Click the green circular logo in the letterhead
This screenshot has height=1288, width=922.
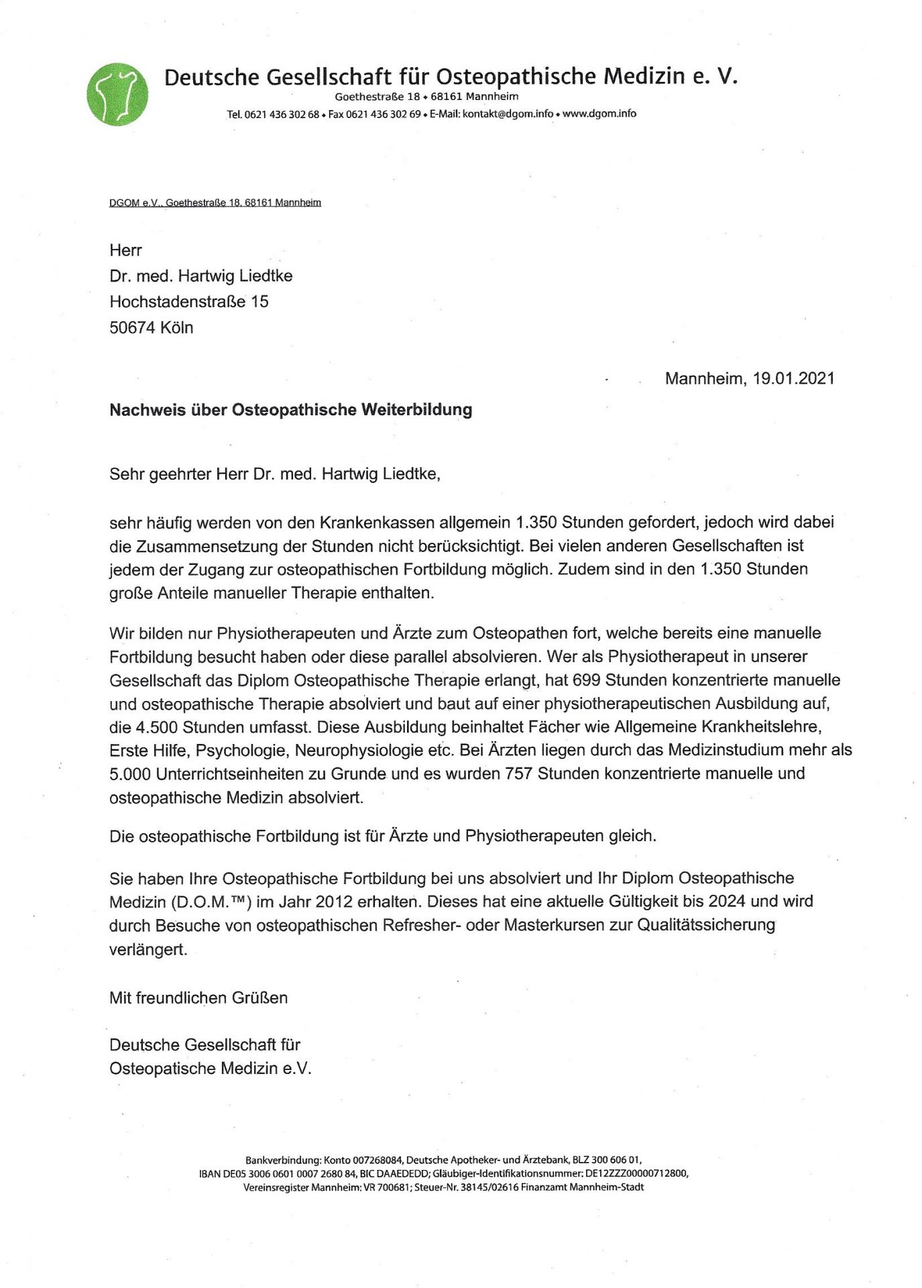point(118,95)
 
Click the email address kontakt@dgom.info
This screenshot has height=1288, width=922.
point(508,114)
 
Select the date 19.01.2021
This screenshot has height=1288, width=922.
point(793,378)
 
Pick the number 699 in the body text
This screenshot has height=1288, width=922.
point(586,680)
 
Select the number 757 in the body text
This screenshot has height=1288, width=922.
point(518,773)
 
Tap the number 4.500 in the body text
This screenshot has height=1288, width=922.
point(158,727)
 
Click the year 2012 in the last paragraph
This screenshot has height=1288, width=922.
point(334,902)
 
